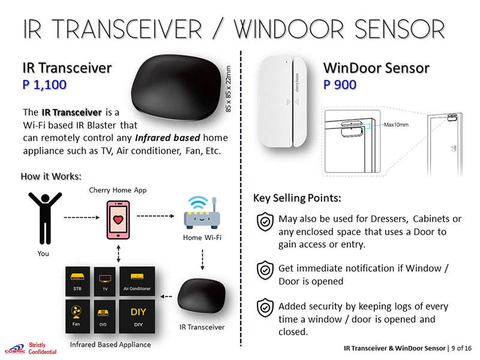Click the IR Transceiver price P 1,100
(x=44, y=85)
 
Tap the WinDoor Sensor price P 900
(x=340, y=85)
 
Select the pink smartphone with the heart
(x=118, y=220)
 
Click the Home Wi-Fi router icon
(x=202, y=213)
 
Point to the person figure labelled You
(x=45, y=218)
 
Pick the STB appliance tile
(x=77, y=281)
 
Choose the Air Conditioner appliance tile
(x=137, y=281)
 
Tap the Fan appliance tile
(x=77, y=316)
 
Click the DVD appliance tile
(x=104, y=316)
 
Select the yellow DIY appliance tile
(x=137, y=316)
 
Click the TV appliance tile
(x=104, y=281)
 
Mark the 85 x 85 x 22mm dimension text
(x=229, y=89)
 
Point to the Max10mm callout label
(x=396, y=125)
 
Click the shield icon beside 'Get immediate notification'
(x=265, y=271)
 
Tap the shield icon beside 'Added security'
(x=265, y=308)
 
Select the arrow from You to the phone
(x=82, y=217)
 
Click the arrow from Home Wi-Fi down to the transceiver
(x=202, y=260)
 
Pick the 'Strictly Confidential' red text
(x=43, y=349)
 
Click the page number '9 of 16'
(x=461, y=348)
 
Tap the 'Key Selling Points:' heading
(x=297, y=198)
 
